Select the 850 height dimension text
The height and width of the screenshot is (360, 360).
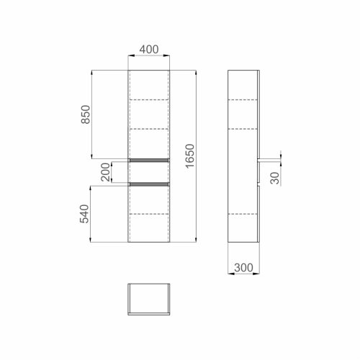pyautogui.click(x=85, y=114)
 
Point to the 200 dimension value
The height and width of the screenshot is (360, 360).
pyautogui.click(x=106, y=172)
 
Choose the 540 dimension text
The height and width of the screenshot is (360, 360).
pyautogui.click(x=85, y=214)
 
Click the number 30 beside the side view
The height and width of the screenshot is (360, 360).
pyautogui.click(x=274, y=177)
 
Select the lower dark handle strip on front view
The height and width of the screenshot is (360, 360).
pyautogui.click(x=149, y=184)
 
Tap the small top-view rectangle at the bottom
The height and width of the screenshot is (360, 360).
pyautogui.click(x=149, y=298)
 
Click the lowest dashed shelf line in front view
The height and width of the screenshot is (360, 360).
pyautogui.click(x=149, y=214)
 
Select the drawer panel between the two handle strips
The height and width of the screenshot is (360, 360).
pyautogui.click(x=149, y=172)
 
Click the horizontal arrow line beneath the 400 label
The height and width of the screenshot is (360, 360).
pyautogui.click(x=149, y=58)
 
